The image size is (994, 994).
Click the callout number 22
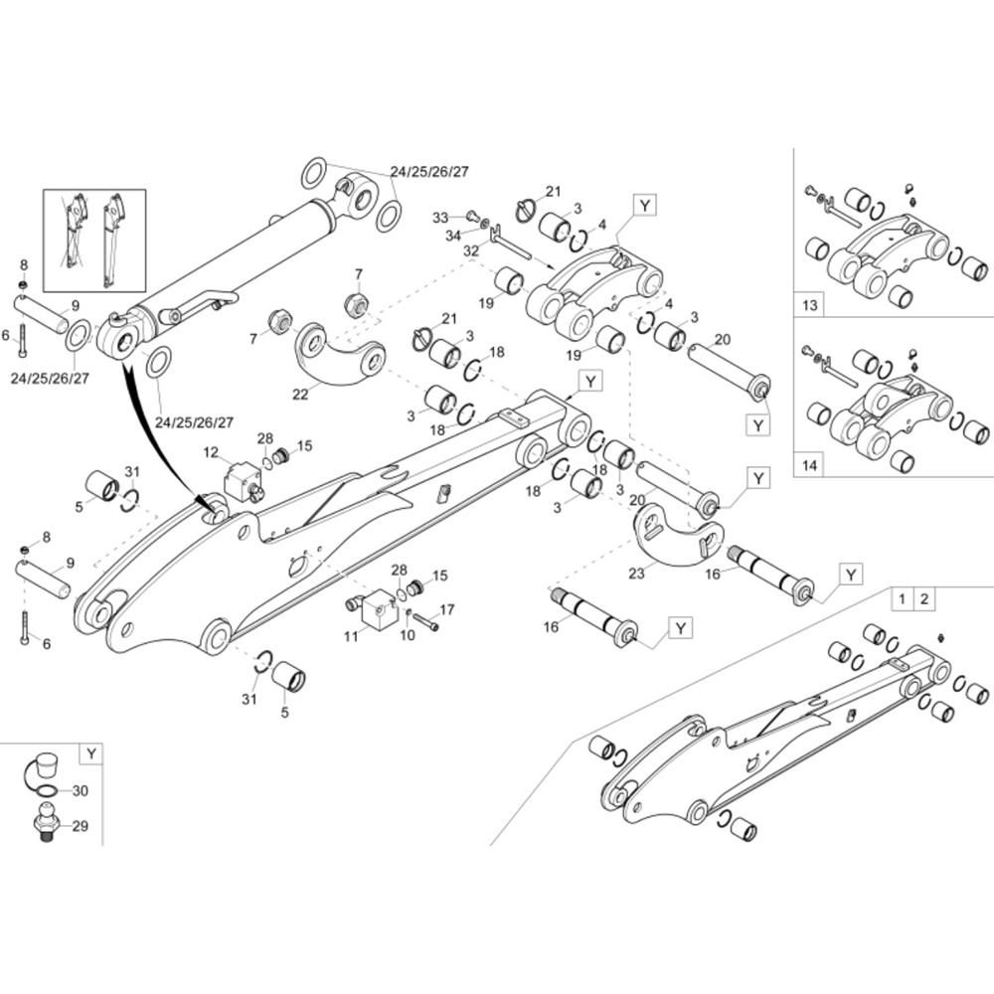(x=300, y=394)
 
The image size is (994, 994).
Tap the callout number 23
(x=636, y=573)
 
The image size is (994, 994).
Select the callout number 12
(x=211, y=452)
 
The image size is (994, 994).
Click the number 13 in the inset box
(x=810, y=305)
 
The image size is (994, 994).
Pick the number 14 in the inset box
(x=810, y=464)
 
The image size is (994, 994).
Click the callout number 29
(x=81, y=825)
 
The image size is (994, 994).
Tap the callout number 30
(x=81, y=791)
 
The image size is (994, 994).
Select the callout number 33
(x=440, y=217)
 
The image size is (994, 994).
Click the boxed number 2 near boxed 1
(x=923, y=598)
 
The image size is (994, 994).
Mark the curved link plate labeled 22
(x=343, y=353)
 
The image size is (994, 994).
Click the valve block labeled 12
(x=244, y=480)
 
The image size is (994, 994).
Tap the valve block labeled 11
(x=377, y=609)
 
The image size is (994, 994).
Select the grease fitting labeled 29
(x=47, y=824)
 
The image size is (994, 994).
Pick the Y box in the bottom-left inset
(x=90, y=753)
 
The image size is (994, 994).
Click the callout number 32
(x=470, y=251)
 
